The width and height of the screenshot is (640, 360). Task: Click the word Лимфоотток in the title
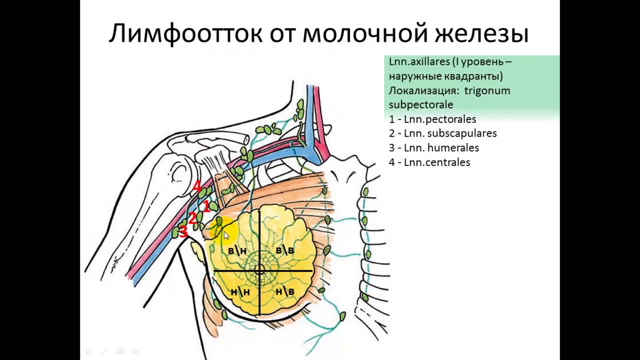pos(185,33)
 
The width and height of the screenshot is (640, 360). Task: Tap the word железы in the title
pos(481,33)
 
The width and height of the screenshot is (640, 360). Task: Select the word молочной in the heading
pos(365,33)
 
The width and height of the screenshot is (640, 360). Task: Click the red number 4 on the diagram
pos(197,186)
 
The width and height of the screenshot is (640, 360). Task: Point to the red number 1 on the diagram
pos(206,206)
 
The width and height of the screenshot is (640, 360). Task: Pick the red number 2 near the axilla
pos(192,218)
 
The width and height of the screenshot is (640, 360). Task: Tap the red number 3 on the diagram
pos(183,231)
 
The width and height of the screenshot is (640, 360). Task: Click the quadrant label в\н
pos(237,250)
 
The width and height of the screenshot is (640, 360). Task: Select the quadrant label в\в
pos(284,250)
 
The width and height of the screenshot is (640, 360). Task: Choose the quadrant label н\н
pos(240,291)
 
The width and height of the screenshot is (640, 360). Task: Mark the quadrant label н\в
pos(285,291)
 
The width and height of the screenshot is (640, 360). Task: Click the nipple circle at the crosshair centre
pos(259,270)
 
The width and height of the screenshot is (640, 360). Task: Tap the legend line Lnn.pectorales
pos(432,119)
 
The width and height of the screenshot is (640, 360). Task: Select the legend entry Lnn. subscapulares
pos(443,133)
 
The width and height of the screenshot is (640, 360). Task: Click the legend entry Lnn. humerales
pos(434,148)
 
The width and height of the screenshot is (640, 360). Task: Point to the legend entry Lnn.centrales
pos(429,162)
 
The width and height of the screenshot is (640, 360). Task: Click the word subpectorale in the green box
pos(421,105)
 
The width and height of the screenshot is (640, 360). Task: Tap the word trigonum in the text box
pos(487,91)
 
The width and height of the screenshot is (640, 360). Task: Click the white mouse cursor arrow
pos(226,236)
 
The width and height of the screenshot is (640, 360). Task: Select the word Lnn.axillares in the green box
pos(419,61)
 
